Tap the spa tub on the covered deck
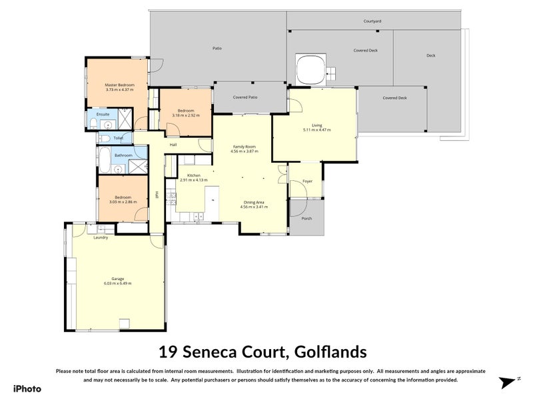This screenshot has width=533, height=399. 310,69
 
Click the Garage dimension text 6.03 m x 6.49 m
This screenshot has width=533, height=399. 117,283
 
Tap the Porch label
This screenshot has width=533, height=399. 306,218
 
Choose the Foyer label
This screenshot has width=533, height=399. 307,181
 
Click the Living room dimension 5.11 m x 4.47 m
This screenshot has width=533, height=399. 316,130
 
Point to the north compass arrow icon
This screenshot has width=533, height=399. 509,382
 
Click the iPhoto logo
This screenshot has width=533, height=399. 27,388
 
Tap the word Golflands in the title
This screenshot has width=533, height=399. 328,351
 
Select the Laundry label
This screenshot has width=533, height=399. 101,237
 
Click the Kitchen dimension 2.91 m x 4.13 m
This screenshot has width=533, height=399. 193,180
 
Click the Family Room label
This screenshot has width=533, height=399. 244,147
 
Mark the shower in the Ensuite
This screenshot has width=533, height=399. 125,123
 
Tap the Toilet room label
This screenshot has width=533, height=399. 118,138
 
